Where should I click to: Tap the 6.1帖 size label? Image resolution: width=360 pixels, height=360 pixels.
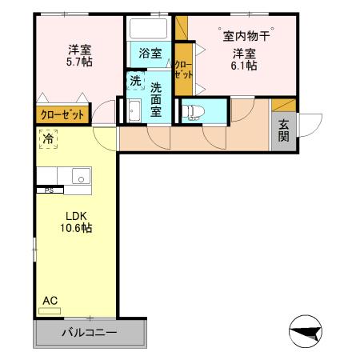tap(245, 66)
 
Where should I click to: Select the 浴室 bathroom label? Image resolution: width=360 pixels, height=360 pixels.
tap(150, 54)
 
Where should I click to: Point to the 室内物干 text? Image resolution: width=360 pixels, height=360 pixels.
tap(246, 35)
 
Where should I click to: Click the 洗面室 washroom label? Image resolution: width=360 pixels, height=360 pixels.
tap(156, 99)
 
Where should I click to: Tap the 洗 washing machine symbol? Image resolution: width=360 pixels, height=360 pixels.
tap(135, 81)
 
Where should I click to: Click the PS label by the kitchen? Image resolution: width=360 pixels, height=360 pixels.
tap(49, 190)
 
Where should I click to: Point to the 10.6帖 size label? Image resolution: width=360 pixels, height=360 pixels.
tap(76, 228)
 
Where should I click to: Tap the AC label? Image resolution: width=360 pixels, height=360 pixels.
tap(50, 300)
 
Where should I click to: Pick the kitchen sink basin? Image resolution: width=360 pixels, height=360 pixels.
tap(79, 175)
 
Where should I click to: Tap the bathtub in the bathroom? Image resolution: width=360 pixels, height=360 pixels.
tap(149, 30)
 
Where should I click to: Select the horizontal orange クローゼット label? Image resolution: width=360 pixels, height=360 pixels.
tap(62, 114)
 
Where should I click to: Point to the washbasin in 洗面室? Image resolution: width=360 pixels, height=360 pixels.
tap(134, 112)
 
